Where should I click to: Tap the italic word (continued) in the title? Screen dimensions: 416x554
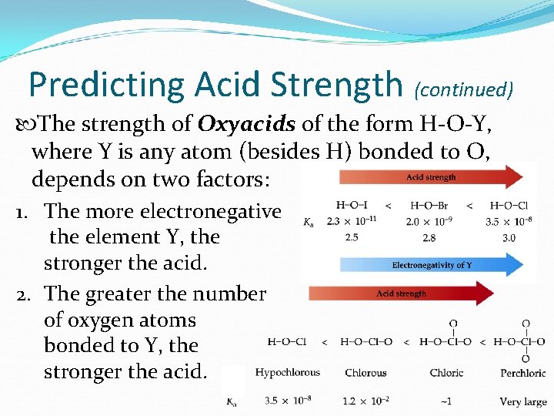(x=464, y=89)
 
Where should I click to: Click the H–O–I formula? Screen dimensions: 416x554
(x=352, y=205)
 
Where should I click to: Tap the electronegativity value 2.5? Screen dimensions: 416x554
(x=352, y=238)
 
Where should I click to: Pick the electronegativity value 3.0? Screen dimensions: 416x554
(x=508, y=238)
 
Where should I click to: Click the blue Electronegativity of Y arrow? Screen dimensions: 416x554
(x=431, y=265)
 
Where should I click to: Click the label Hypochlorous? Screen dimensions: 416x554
(x=287, y=373)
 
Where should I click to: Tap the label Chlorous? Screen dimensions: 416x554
(x=365, y=373)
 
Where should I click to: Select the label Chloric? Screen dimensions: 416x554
(x=446, y=373)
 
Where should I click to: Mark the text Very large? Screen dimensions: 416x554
(x=523, y=401)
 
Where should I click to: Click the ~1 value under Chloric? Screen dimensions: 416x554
(x=446, y=401)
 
